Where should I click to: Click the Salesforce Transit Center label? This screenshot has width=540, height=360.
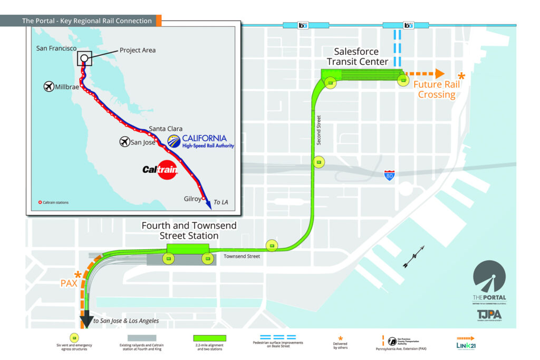coord(357,57)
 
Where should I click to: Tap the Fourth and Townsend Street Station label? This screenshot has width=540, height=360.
coord(189,231)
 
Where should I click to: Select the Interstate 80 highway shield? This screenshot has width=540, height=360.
coord(389,176)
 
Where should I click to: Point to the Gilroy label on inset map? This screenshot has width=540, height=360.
coord(192,199)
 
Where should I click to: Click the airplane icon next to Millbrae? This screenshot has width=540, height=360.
coord(49,86)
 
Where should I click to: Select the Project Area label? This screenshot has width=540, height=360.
coord(138,51)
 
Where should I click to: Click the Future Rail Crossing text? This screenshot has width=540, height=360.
coord(437,90)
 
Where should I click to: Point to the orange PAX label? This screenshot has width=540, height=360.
coord(69,283)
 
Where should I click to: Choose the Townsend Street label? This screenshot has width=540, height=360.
coord(242,256)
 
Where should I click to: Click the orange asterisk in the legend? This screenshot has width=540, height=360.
coord(340,337)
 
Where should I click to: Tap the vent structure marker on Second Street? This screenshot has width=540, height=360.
coord(319,161)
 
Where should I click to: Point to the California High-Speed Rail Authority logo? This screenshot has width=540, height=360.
coord(200,141)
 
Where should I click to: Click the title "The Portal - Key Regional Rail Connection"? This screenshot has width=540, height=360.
coord(86,21)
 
